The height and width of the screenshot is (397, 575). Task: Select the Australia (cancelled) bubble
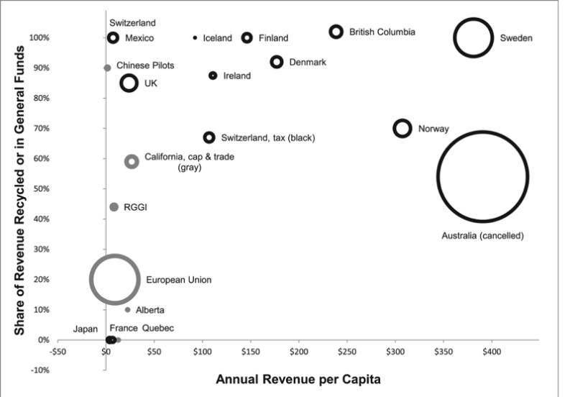click(483, 177)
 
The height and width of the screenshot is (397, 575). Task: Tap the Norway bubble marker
click(402, 128)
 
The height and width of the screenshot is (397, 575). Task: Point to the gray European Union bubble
click(113, 279)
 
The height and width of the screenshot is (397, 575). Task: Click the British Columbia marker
click(336, 32)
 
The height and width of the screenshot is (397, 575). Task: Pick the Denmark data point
click(277, 62)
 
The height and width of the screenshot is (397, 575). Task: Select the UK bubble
click(129, 83)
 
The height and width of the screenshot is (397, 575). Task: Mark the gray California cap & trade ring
click(132, 161)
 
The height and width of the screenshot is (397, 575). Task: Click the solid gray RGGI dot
click(114, 207)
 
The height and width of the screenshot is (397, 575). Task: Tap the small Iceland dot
click(195, 37)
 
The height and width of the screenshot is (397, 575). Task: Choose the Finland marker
click(247, 37)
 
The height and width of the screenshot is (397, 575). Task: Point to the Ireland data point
click(213, 76)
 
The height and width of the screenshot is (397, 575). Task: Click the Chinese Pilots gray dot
click(107, 68)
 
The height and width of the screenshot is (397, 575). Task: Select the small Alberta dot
click(128, 310)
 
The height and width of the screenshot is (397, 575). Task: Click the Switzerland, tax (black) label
click(269, 137)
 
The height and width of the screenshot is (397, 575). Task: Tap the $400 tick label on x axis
click(492, 353)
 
